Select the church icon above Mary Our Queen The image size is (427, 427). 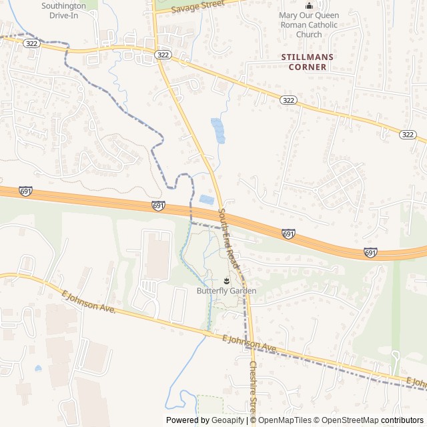coord(308,5)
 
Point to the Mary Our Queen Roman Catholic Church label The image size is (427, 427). coord(308,25)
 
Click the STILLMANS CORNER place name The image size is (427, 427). coord(308,62)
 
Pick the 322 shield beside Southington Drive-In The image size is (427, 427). coord(31,43)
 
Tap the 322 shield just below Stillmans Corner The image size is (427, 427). coord(288,100)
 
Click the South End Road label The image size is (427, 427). coord(228,238)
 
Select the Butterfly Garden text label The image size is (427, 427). coord(226,291)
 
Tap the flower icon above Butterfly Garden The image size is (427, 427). coord(226,280)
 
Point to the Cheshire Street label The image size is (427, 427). coord(254,387)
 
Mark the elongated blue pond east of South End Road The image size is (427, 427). coord(218,131)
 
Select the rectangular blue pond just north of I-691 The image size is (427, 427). coord(207,199)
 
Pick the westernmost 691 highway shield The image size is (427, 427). coord(25,191)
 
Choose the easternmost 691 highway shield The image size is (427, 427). coord(371,252)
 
